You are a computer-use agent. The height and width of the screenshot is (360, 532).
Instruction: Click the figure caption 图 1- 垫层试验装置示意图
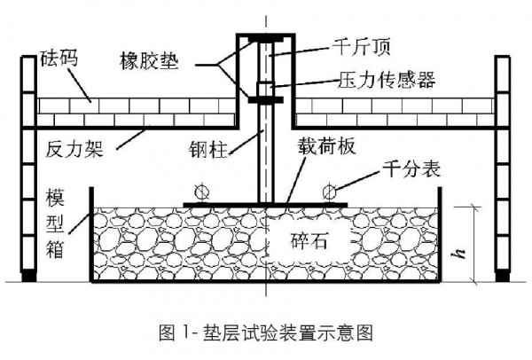(x=265, y=333)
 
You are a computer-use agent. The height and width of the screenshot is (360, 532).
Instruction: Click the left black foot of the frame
(x=27, y=276)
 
